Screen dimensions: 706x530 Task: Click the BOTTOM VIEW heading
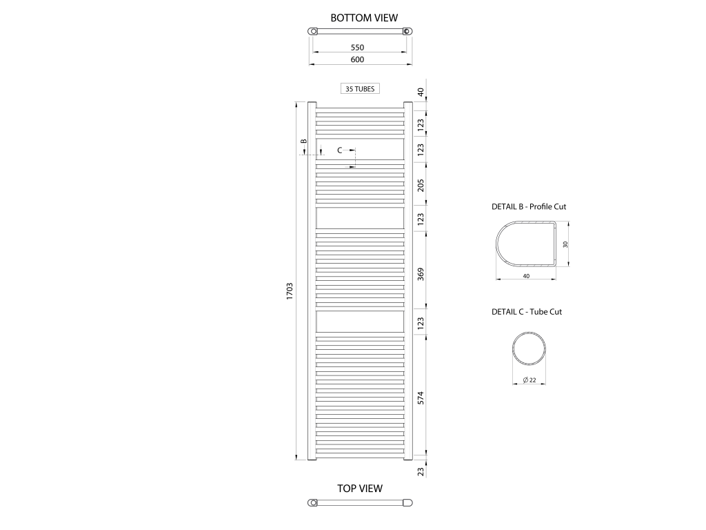364,18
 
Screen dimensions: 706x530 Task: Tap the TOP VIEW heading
360,489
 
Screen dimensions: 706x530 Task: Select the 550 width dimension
357,48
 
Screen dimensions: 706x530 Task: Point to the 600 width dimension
357,59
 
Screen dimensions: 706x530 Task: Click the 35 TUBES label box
360,89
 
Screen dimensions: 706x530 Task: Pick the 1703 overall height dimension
290,291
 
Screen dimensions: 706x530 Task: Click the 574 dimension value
421,398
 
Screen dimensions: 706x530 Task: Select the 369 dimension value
421,275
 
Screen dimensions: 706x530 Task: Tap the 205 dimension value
421,186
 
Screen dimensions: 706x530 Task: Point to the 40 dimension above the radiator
421,92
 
